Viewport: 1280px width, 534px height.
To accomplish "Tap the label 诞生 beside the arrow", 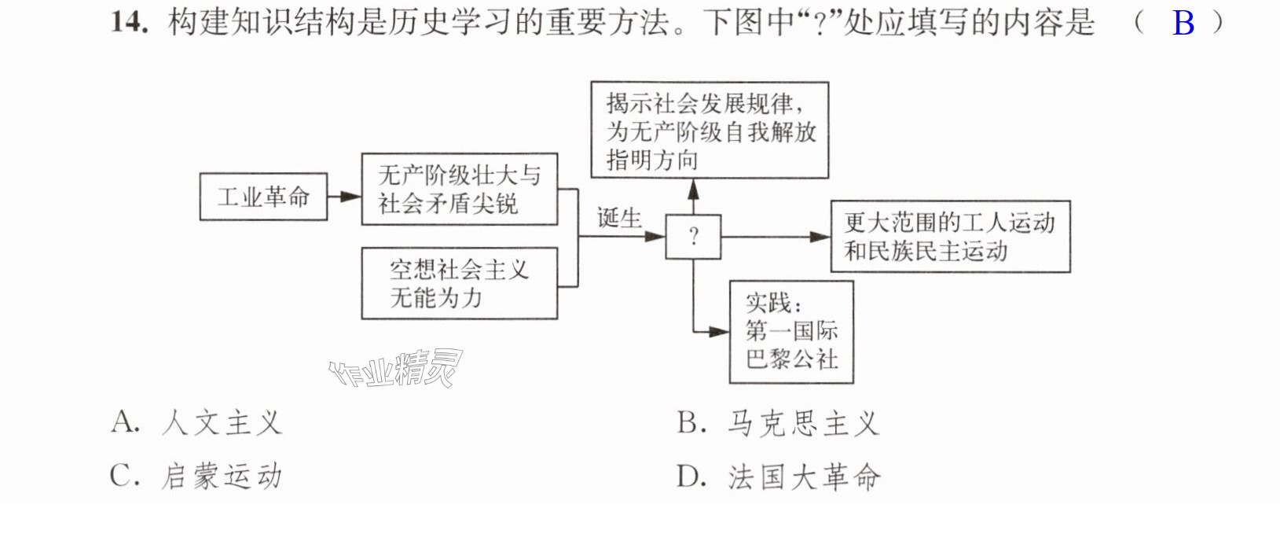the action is click(619, 218).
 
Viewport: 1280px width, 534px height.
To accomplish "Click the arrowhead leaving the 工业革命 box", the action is click(351, 197).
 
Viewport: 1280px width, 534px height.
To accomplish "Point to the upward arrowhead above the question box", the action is click(693, 190).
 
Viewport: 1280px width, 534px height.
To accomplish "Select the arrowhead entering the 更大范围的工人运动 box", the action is click(820, 237).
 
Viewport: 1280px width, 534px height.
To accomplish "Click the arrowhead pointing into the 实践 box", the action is click(719, 332).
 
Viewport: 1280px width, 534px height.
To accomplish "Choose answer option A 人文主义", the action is click(196, 424).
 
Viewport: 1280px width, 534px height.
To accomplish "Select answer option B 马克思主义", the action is click(778, 424).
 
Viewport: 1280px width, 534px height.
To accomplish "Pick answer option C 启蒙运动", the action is click(196, 477).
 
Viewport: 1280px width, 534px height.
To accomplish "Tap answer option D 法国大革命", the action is click(778, 477).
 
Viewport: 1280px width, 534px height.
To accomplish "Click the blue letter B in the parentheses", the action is click(1183, 24).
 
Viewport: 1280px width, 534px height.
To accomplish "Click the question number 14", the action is click(129, 23).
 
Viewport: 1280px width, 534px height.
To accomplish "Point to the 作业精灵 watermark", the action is click(396, 368).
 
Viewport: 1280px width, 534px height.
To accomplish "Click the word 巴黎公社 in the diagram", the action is click(791, 359).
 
